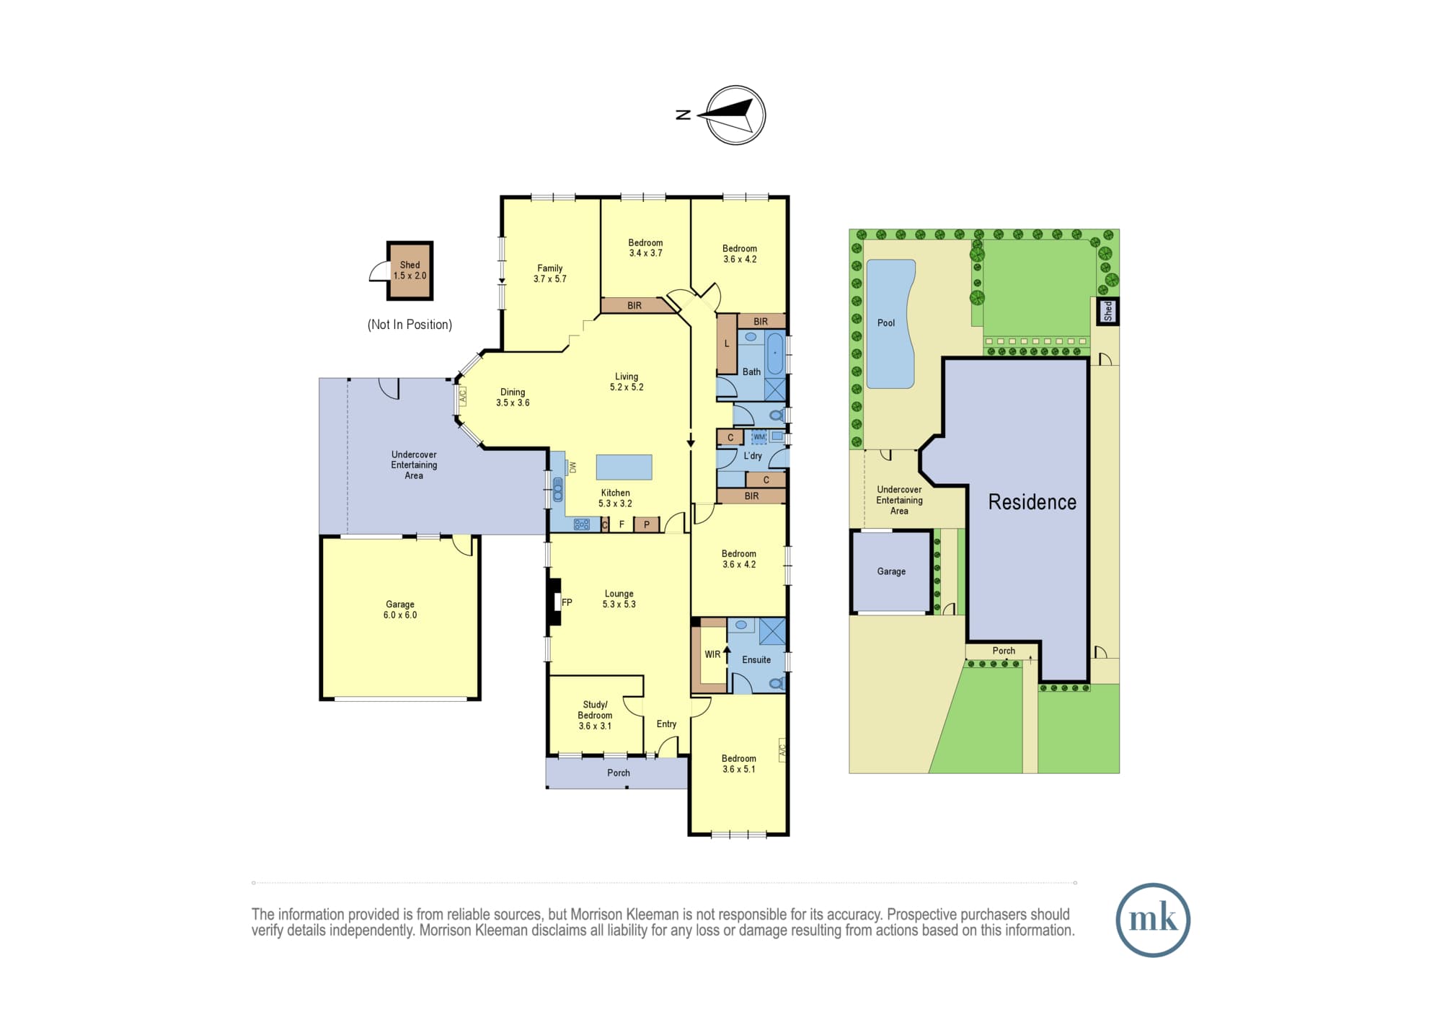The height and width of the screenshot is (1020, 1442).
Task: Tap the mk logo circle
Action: click(1153, 920)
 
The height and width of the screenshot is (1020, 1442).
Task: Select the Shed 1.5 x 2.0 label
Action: click(410, 271)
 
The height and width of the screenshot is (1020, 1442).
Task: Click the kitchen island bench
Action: click(624, 467)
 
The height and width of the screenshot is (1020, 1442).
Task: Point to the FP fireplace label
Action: click(567, 602)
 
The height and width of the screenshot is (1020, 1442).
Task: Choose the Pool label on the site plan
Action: click(886, 323)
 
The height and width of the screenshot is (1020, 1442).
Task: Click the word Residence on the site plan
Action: click(1032, 502)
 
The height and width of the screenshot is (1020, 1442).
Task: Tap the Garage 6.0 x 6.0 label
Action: click(400, 610)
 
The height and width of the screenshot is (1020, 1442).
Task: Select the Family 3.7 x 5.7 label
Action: click(550, 273)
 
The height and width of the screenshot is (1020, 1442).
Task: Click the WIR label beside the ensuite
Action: click(712, 654)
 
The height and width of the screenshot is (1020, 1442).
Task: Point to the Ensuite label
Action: click(756, 660)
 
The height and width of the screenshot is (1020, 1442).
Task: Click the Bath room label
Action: click(751, 372)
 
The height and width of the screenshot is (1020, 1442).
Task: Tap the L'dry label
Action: click(753, 456)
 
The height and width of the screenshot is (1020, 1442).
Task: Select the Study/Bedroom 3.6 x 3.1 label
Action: click(595, 716)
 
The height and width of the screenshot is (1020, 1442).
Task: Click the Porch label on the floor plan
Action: click(619, 773)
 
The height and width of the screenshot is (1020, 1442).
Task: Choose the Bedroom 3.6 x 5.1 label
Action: click(739, 764)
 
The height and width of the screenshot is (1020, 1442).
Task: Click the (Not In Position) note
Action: click(410, 325)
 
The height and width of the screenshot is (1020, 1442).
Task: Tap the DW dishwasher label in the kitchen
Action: click(573, 467)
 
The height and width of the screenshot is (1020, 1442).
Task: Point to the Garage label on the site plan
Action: click(891, 571)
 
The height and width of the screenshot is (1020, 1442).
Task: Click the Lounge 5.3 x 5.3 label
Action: click(619, 599)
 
